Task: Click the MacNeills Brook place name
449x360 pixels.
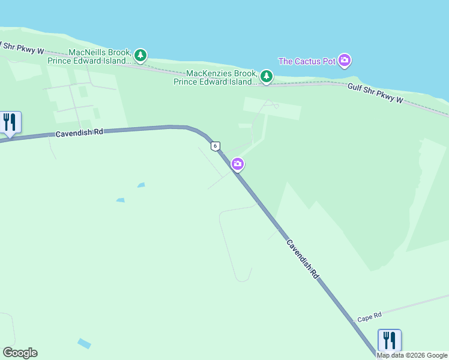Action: click(x=100, y=52)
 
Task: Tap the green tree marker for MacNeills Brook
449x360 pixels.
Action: click(x=140, y=56)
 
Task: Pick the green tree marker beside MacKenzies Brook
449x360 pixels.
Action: click(x=267, y=76)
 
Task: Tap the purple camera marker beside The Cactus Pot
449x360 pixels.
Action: click(x=345, y=60)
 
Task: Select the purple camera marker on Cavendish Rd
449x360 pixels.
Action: click(x=238, y=164)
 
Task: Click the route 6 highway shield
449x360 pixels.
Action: click(x=215, y=146)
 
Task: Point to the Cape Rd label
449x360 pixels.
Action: click(x=369, y=317)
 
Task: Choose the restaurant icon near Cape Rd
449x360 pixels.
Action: click(x=390, y=340)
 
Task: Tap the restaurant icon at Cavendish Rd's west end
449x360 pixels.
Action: click(x=10, y=122)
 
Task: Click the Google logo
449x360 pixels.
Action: click(x=20, y=353)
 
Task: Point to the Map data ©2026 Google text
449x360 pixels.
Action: click(x=412, y=355)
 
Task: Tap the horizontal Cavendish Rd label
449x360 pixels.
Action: click(x=80, y=133)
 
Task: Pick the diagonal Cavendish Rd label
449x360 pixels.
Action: click(x=302, y=259)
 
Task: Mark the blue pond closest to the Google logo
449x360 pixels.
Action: click(x=84, y=344)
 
